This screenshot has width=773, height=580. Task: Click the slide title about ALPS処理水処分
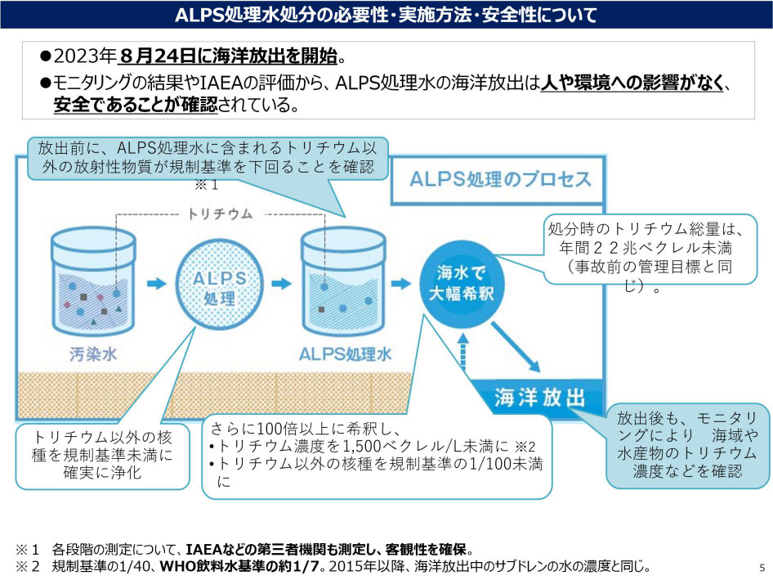point(386,15)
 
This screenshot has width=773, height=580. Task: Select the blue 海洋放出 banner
point(540,398)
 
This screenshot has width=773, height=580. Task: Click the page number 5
point(762,567)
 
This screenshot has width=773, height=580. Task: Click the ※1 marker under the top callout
point(209,185)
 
